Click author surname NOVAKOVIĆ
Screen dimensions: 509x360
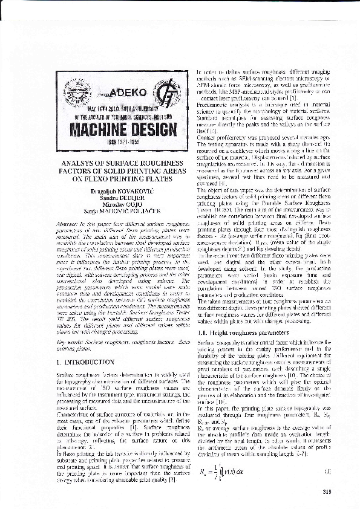pos(125,190)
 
